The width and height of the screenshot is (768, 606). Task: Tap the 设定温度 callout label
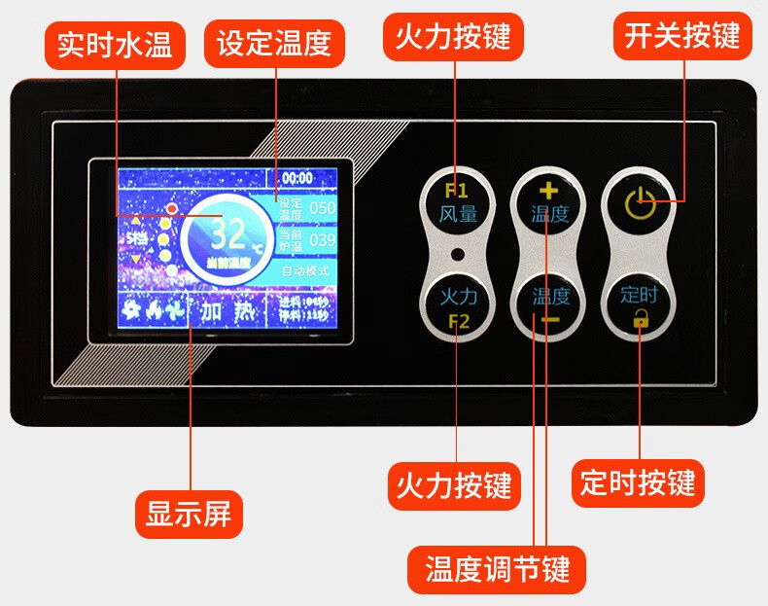(274, 44)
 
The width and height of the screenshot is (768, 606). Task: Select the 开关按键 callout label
(682, 36)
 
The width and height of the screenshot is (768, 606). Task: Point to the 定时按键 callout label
(639, 483)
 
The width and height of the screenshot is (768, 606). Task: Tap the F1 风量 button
(458, 203)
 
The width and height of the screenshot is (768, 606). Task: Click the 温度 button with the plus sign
(549, 203)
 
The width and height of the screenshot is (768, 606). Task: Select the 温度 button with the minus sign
(549, 304)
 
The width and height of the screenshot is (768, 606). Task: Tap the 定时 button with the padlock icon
(640, 304)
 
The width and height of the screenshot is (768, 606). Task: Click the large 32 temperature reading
(229, 234)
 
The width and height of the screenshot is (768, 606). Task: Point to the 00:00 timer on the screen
(297, 178)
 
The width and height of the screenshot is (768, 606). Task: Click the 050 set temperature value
(322, 208)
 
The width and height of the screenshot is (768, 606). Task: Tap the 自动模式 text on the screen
(305, 270)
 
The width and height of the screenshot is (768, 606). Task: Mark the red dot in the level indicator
(172, 208)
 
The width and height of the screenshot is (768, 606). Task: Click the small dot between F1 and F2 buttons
(457, 255)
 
